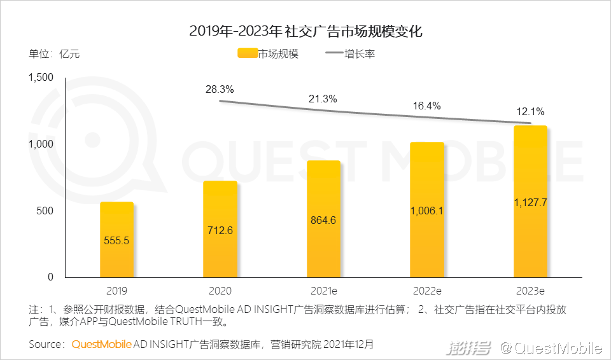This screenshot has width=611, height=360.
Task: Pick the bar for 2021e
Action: click(x=323, y=219)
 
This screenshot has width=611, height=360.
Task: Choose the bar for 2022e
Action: click(x=427, y=209)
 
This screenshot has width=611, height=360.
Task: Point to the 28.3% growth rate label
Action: click(x=220, y=89)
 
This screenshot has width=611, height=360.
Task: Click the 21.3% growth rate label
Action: click(x=323, y=99)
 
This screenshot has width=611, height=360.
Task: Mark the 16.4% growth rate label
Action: click(x=426, y=106)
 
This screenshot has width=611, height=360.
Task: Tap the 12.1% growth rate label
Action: click(x=530, y=111)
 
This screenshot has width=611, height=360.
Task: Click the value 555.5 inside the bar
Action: click(x=116, y=240)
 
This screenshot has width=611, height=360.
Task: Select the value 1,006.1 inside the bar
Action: click(x=427, y=211)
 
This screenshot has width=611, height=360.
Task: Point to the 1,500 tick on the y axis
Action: click(x=41, y=78)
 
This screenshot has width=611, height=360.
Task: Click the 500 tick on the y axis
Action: click(x=45, y=211)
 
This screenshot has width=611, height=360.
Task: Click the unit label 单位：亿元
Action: click(x=54, y=53)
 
